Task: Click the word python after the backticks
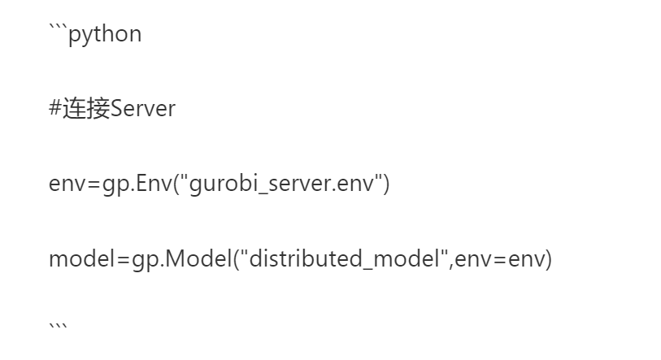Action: click(x=105, y=35)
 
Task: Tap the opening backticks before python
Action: click(x=59, y=28)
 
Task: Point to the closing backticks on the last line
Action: click(x=59, y=327)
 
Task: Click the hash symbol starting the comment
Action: click(x=55, y=108)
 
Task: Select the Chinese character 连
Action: click(x=75, y=108)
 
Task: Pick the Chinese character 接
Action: click(x=98, y=108)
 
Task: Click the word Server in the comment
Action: click(x=143, y=108)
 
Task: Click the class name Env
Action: click(x=154, y=183)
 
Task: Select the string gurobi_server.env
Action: click(x=281, y=184)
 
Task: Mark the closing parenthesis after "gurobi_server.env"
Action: click(x=386, y=184)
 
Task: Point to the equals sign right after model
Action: click(x=123, y=259)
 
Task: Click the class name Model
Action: click(x=198, y=258)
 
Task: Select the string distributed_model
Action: click(x=344, y=258)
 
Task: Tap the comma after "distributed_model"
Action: click(x=451, y=266)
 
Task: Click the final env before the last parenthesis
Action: click(x=526, y=259)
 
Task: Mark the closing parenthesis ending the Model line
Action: click(x=549, y=259)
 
